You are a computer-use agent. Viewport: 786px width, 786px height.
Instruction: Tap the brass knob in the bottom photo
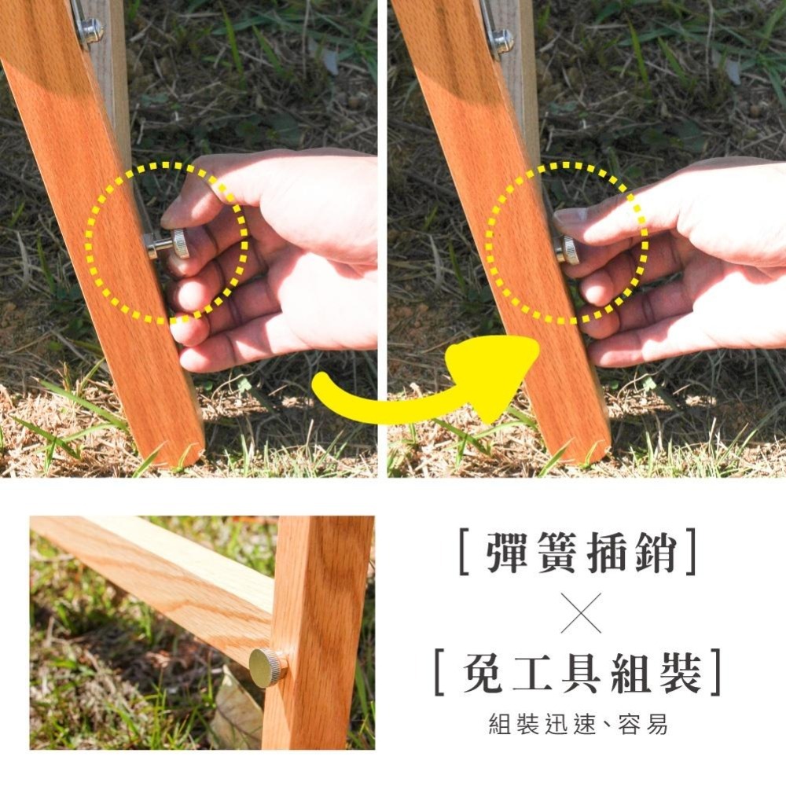267,667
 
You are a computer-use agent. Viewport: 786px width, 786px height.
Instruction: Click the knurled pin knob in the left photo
179,244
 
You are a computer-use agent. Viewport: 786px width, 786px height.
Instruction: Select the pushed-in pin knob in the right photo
568,251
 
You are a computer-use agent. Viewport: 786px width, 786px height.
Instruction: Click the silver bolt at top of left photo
90,31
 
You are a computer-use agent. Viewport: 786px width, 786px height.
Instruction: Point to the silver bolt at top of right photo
501,39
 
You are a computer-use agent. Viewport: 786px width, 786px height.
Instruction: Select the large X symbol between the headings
581,613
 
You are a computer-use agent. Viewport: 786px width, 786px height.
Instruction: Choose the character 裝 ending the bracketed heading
681,674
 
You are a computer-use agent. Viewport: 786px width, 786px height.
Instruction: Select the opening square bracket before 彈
464,553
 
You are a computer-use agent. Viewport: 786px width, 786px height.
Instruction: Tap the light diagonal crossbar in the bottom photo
157,574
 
